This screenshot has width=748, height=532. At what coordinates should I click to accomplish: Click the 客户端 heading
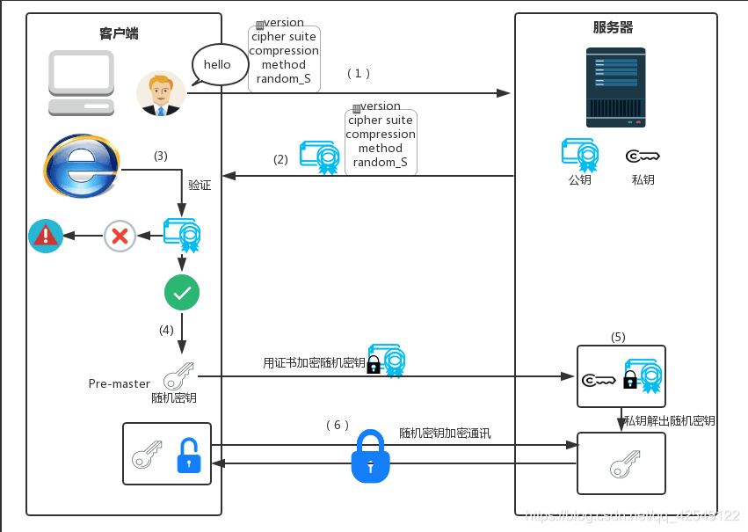pos(119,34)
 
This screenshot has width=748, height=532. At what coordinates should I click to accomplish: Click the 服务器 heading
pos(613,27)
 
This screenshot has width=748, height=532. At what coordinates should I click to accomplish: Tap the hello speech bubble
pos(218,65)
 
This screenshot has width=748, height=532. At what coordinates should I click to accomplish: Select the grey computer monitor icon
pos(82,83)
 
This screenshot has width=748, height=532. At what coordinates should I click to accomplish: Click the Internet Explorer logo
pos(81,166)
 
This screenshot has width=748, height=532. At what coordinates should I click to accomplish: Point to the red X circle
pos(120,236)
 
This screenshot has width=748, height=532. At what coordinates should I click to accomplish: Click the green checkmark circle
pos(182,294)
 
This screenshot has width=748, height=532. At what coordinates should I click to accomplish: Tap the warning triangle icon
pos(46,236)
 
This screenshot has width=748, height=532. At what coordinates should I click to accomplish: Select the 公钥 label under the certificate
pos(580,180)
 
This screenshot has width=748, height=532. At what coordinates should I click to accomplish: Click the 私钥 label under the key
pos(643,180)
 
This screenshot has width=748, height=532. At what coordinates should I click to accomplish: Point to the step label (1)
pos(358,74)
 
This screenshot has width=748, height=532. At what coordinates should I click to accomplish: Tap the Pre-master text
pos(120,383)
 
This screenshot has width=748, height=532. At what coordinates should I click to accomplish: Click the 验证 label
pos(200,186)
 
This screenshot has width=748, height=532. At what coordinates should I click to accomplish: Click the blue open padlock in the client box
pos(189,455)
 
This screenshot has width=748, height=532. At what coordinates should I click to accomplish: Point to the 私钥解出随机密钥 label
pos(669,421)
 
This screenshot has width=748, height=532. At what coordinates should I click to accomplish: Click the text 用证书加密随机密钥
pos(314,362)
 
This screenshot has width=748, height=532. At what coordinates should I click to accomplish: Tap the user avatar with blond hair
pos(161,93)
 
